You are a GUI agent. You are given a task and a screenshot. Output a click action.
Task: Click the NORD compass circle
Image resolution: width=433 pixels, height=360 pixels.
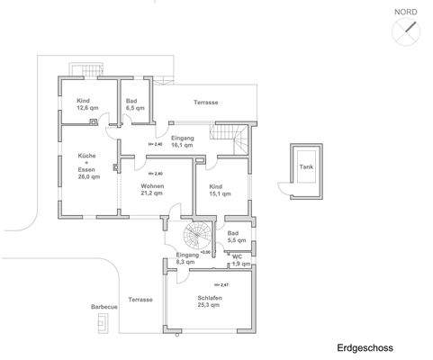click(x=406, y=31)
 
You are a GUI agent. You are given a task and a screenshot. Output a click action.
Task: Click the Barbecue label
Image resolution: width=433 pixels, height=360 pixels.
click(x=104, y=306)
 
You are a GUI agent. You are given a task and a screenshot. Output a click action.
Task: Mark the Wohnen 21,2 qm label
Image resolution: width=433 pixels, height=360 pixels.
click(x=151, y=189)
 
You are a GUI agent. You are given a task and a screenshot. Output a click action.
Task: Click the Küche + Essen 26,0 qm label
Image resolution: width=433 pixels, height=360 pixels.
click(x=87, y=166)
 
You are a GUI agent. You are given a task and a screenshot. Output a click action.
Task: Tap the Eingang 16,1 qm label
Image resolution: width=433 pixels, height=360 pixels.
click(x=183, y=141)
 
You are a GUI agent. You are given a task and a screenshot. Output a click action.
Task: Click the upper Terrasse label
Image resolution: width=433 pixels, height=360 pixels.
click(x=205, y=103)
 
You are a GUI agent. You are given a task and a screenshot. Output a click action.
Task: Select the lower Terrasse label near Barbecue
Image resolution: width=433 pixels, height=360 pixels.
click(x=140, y=299)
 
